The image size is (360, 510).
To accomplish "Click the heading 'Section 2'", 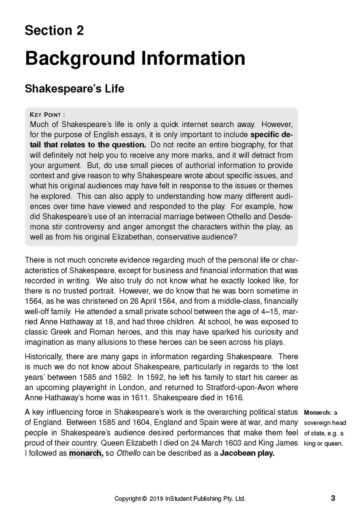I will click(x=54, y=31).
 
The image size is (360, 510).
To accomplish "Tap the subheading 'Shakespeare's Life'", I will click(x=74, y=89).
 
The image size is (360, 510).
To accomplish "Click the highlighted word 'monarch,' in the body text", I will click(x=86, y=454).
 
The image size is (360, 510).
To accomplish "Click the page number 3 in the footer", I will click(x=332, y=498).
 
